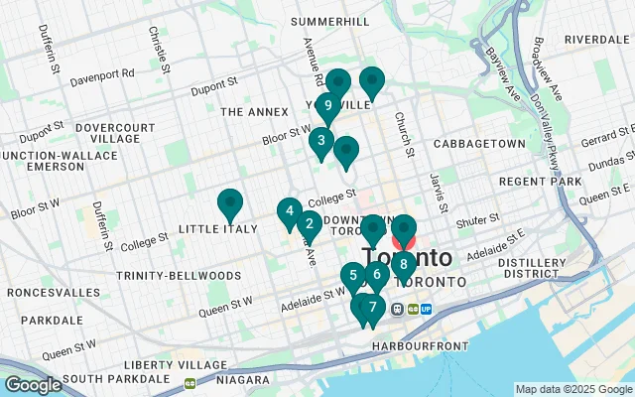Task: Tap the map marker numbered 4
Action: pos(289,211)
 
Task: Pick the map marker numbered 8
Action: pos(403,264)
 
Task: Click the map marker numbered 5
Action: pos(353,277)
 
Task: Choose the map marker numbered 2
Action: pos(310,224)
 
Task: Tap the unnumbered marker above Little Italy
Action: pos(230,203)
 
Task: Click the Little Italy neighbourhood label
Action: pos(217,229)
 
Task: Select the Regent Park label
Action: pos(541,182)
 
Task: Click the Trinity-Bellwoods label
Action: pos(179,275)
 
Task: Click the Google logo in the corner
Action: pos(32,385)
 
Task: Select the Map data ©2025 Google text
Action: pos(572,389)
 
